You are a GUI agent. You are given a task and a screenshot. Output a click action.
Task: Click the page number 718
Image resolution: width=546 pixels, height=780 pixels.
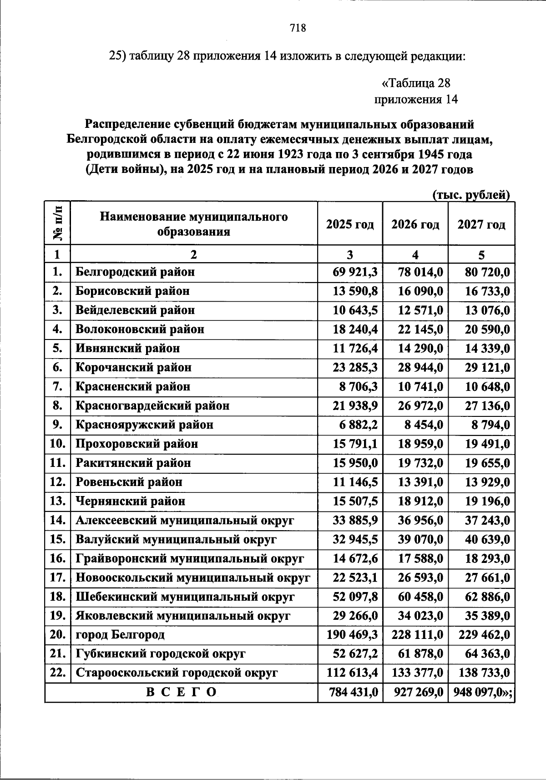(298, 28)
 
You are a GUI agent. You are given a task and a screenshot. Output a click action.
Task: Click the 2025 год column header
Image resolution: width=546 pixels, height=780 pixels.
(350, 224)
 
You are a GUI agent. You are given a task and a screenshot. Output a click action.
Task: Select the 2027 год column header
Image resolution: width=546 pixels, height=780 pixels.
(481, 224)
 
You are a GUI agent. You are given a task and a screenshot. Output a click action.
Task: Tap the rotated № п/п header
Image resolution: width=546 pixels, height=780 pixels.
(58, 223)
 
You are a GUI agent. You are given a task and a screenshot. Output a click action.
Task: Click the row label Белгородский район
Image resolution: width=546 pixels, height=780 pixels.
(135, 272)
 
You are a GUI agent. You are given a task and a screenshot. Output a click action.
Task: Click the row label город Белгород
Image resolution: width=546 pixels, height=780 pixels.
(120, 634)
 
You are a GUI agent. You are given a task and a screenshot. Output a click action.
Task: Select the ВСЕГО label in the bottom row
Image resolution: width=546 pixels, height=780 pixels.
(181, 692)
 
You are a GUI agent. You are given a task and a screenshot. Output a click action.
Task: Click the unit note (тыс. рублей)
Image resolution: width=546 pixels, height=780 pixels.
(470, 195)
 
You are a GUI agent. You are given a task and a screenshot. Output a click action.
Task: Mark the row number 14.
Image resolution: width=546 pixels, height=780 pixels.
(58, 520)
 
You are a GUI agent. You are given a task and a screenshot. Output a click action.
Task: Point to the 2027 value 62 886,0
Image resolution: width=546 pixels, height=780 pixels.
(487, 596)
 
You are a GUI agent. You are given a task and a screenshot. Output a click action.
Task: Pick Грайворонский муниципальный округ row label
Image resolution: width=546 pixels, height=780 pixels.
(190, 558)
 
